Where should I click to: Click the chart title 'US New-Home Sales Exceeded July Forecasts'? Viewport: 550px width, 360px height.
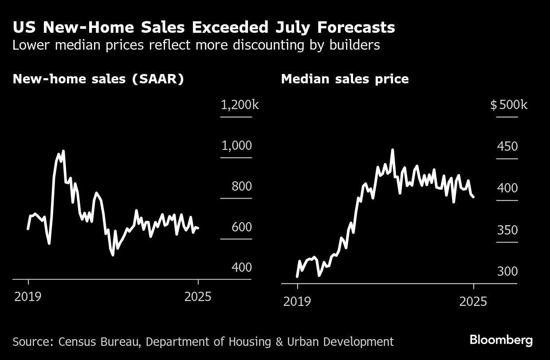204,27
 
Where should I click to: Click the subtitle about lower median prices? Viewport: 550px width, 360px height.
196,45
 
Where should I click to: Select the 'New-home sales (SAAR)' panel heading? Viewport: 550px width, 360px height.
98,79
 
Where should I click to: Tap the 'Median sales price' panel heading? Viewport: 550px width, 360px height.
345,79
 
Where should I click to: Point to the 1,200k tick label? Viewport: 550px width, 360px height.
240,105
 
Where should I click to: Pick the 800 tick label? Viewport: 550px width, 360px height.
242,187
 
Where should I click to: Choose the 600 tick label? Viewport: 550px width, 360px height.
242,227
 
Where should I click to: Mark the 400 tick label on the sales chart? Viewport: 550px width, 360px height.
242,268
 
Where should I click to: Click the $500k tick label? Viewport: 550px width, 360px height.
509,105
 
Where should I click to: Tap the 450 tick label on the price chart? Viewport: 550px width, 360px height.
507,146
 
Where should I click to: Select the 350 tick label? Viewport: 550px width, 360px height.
507,231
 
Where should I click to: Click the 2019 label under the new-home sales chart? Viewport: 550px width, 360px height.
28,297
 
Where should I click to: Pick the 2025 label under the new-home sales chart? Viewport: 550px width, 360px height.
198,297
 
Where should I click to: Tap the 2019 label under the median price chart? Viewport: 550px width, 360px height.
297,302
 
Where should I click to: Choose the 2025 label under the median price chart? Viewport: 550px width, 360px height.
473,302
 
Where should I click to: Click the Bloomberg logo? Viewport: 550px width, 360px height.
501,340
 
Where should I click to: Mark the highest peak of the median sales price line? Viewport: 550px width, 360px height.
392,150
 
